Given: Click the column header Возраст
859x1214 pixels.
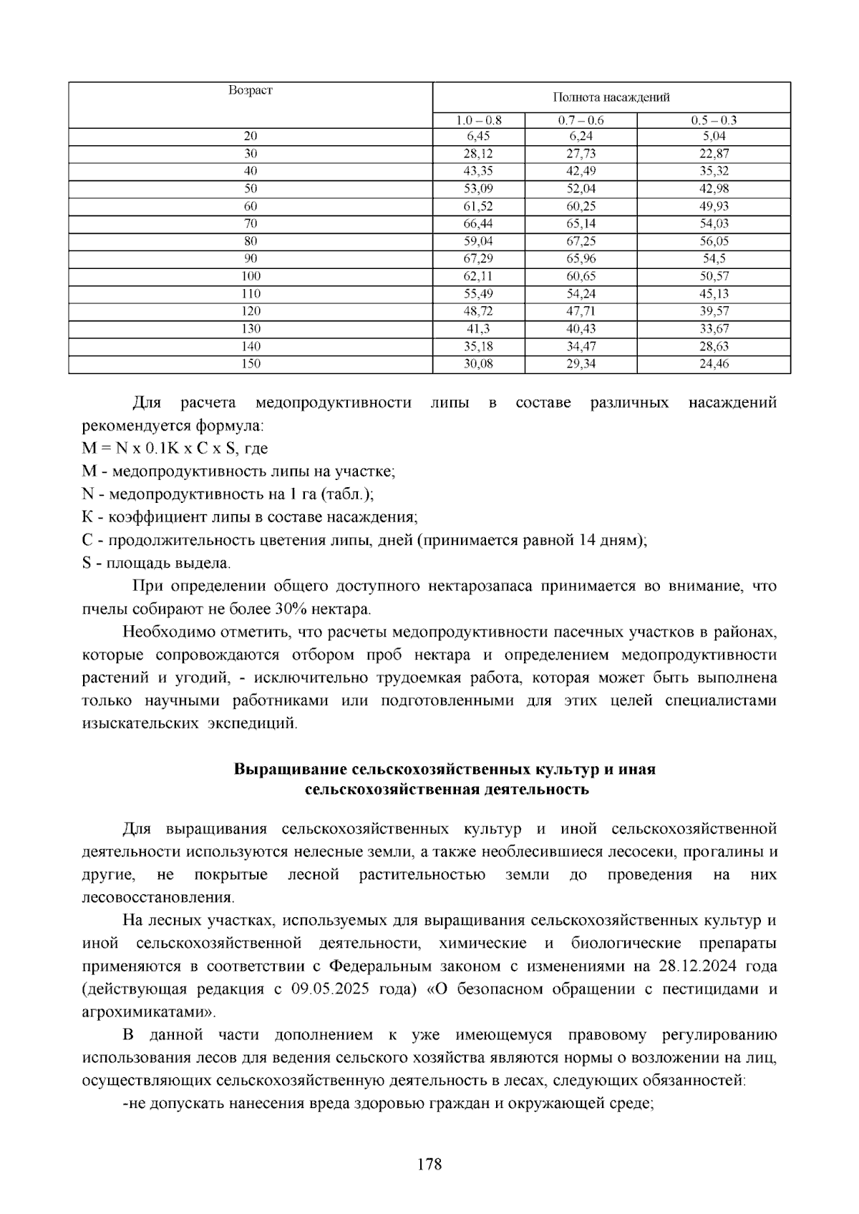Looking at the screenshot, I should [251, 91].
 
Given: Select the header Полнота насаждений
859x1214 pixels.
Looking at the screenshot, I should [611, 98].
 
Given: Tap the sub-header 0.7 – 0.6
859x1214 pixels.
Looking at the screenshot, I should [581, 120].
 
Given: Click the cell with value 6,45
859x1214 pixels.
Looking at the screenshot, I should [478, 136].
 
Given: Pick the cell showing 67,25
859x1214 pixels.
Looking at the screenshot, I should [581, 241].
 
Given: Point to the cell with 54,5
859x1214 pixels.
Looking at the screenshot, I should [714, 258].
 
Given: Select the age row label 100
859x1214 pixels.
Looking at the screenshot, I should [251, 276].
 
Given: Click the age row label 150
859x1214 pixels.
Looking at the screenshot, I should [251, 363].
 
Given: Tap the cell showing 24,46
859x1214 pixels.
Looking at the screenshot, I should [714, 363].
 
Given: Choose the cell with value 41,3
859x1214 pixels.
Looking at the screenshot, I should [478, 328].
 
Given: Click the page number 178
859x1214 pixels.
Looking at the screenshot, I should [429, 1164].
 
